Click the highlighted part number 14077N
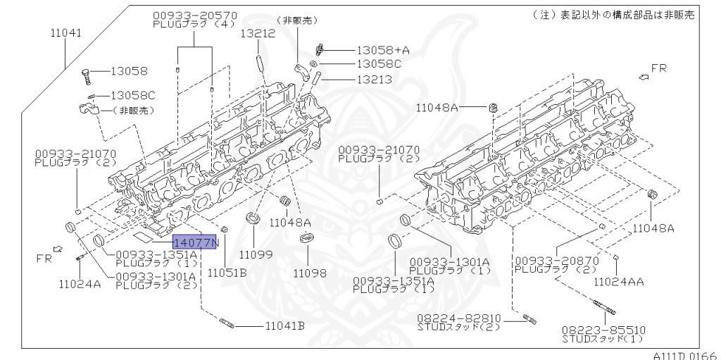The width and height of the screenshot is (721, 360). tap(196, 243)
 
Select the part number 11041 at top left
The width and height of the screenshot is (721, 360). tap(65, 32)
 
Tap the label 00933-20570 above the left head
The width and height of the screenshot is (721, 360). tap(195, 15)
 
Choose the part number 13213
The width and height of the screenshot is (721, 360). tap(375, 80)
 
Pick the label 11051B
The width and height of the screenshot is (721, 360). tap(226, 273)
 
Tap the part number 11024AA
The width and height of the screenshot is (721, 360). tap(619, 281)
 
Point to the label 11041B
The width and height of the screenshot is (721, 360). tap(284, 325)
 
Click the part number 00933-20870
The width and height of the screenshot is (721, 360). tap(556, 261)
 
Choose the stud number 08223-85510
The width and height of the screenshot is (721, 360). tap(603, 330)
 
